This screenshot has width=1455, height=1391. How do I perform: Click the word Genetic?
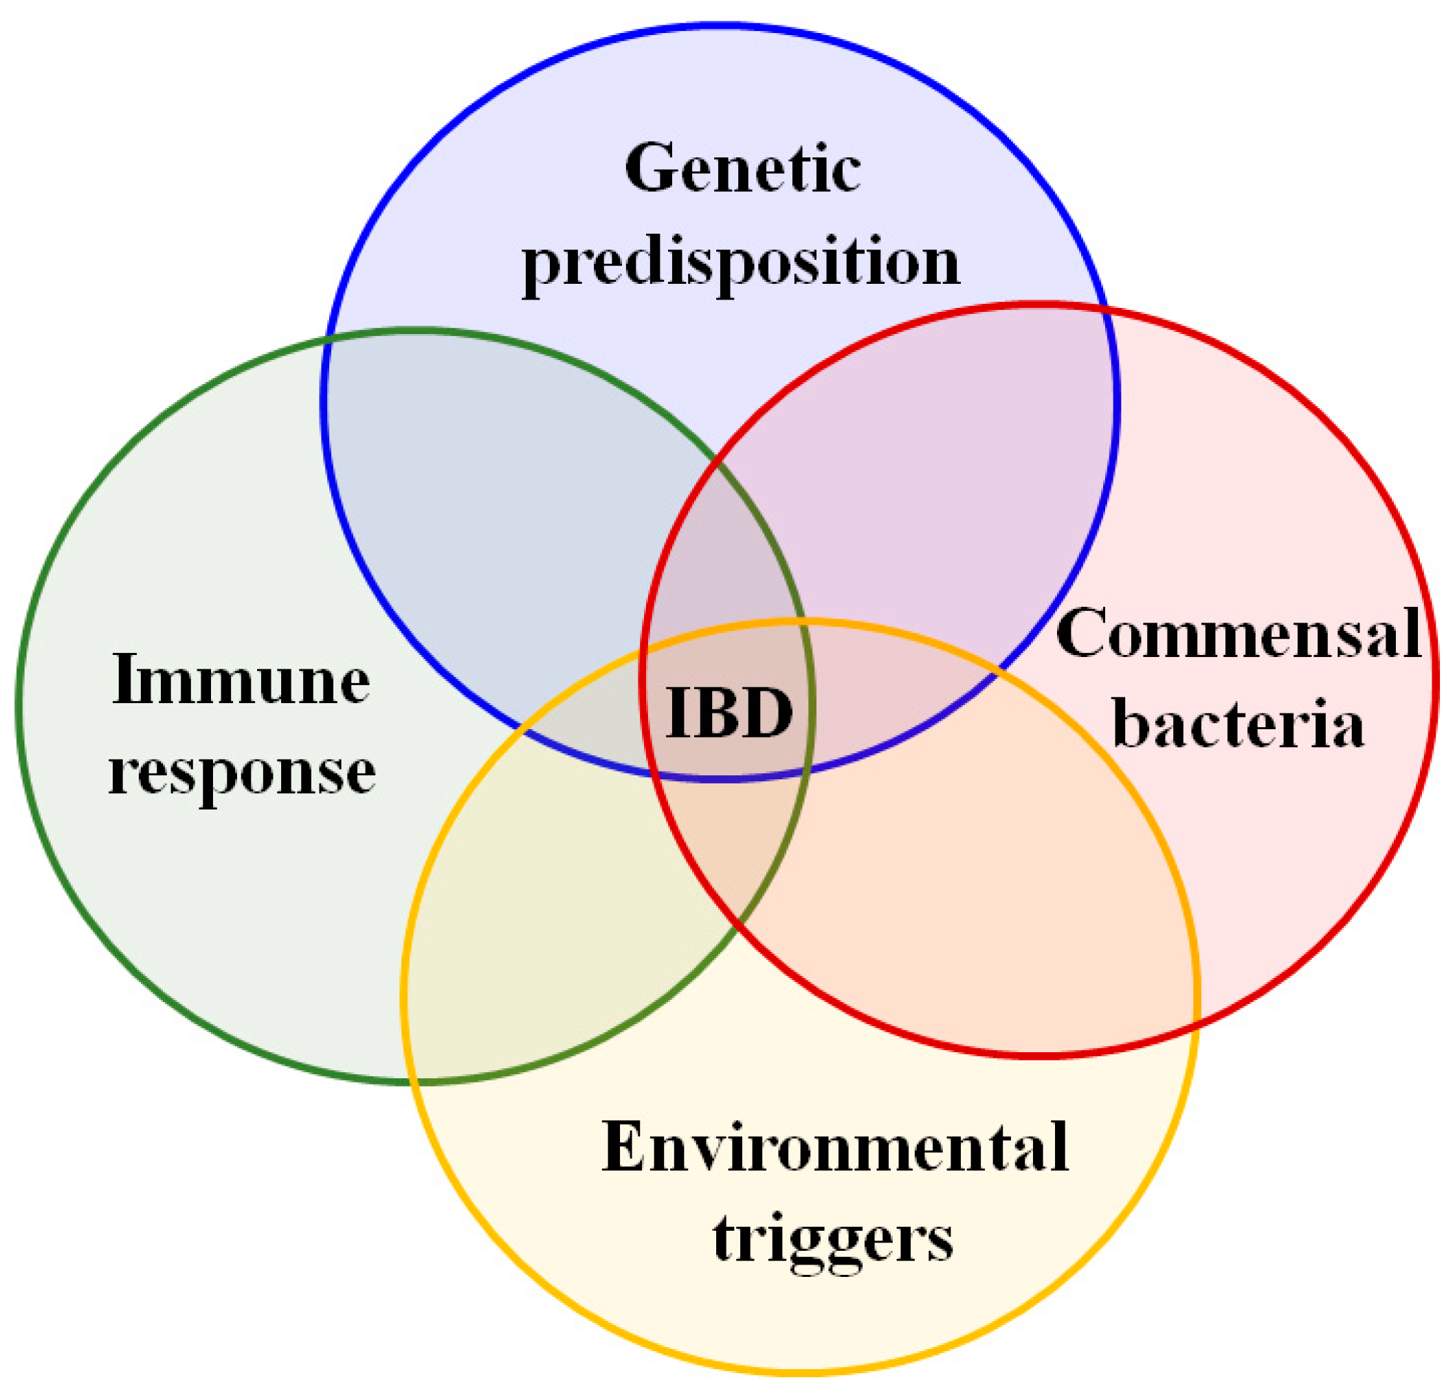click(x=742, y=169)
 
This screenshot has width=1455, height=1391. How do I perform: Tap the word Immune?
click(x=241, y=680)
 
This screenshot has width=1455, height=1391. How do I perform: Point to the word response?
click(x=242, y=772)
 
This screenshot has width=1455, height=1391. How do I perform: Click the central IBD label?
click(x=730, y=713)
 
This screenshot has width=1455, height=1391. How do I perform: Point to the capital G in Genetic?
click(x=651, y=169)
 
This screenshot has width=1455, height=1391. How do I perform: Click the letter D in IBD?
click(x=767, y=713)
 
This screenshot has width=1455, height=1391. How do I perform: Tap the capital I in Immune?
click(x=128, y=680)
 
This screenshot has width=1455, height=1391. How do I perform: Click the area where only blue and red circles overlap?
click(x=927, y=482)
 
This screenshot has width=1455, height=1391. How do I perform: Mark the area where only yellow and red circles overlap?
click(x=964, y=890)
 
